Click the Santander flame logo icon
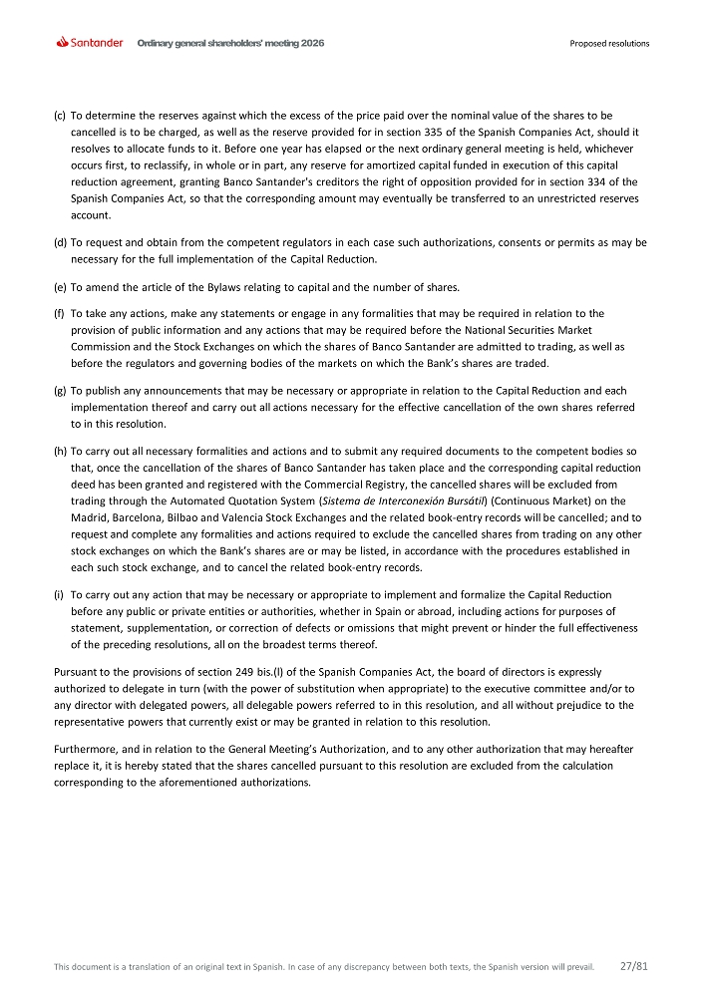pos(63,43)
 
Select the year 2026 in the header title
pos(311,44)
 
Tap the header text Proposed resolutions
pos(609,44)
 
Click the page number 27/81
pos(634,966)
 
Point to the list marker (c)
pos(59,117)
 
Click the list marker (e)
pos(59,288)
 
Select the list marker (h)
pos(59,452)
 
